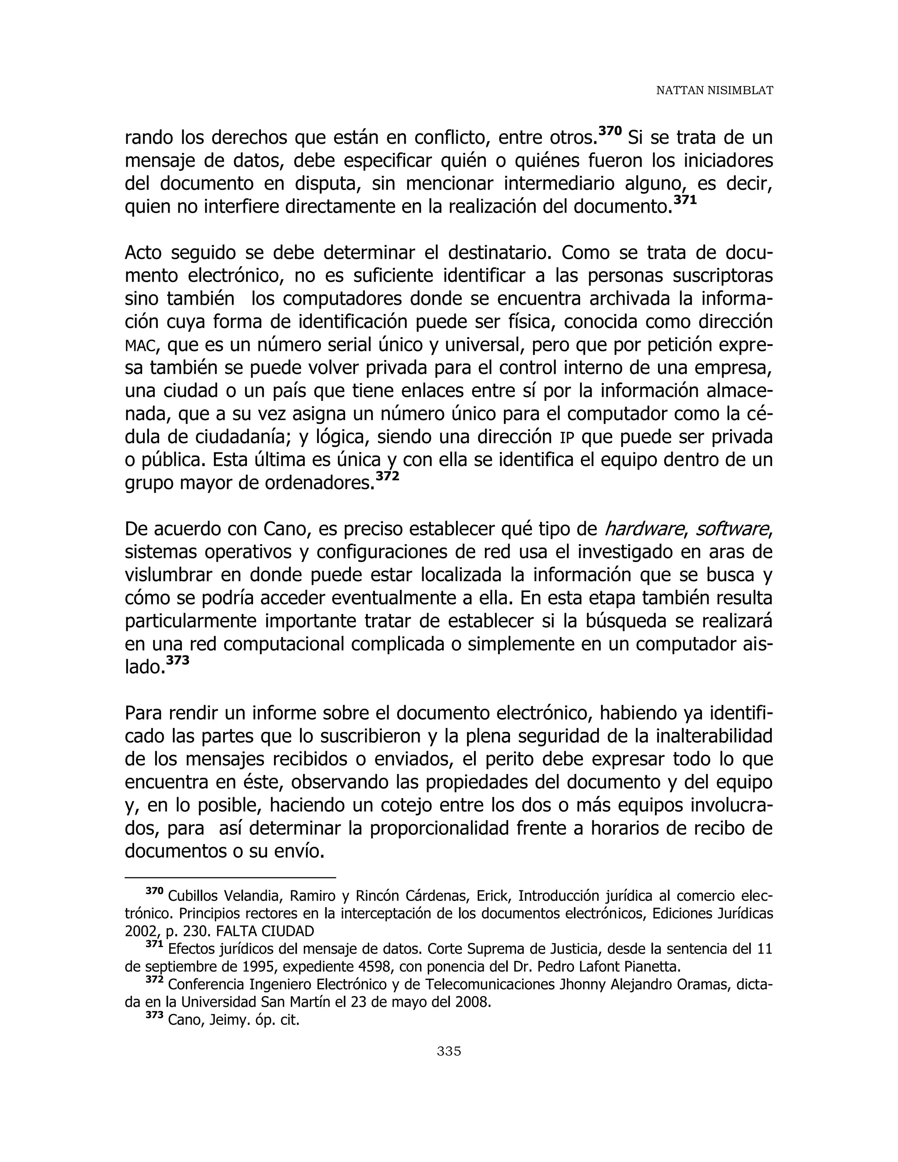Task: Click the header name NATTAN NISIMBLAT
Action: [714, 91]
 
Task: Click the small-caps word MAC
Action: [140, 346]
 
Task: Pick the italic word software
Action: [731, 529]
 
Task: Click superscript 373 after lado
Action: [177, 660]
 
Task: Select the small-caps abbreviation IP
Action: [567, 438]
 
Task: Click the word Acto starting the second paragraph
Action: [143, 252]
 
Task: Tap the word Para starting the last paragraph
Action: [144, 713]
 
